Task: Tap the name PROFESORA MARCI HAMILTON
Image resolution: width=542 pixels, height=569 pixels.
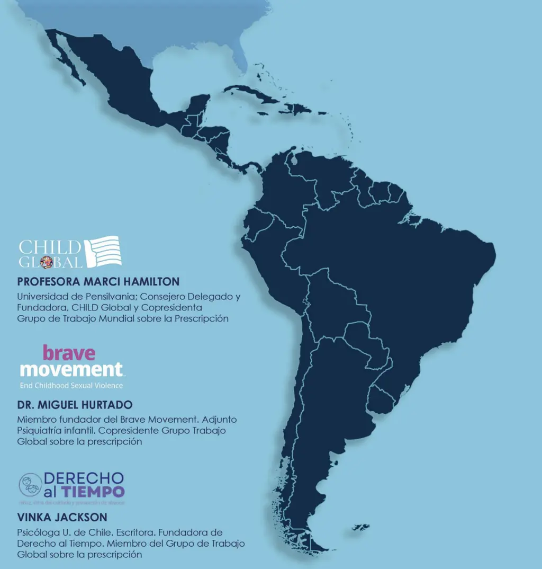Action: coord(98,281)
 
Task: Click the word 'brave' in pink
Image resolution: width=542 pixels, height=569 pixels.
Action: coord(69,352)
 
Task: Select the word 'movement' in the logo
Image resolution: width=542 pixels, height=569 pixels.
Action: coord(71,369)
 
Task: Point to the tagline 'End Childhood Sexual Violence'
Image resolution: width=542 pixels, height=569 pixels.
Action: coord(71,385)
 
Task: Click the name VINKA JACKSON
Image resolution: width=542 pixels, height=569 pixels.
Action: coord(62,517)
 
